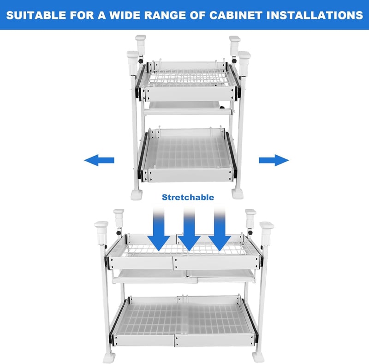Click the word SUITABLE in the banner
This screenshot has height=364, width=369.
[36, 15]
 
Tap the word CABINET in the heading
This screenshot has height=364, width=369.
[236, 15]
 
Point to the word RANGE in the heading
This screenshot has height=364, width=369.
[165, 15]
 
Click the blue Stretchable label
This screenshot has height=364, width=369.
[188, 197]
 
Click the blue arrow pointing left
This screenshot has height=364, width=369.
[99, 160]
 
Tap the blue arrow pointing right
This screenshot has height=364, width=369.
[274, 160]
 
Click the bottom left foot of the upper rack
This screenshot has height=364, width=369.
[137, 195]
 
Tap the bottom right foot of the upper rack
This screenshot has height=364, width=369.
[237, 194]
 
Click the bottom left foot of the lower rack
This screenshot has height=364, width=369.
[109, 358]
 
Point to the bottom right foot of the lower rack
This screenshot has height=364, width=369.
[258, 357]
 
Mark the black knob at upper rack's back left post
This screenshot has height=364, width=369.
[141, 61]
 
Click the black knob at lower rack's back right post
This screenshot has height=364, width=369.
[250, 233]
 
